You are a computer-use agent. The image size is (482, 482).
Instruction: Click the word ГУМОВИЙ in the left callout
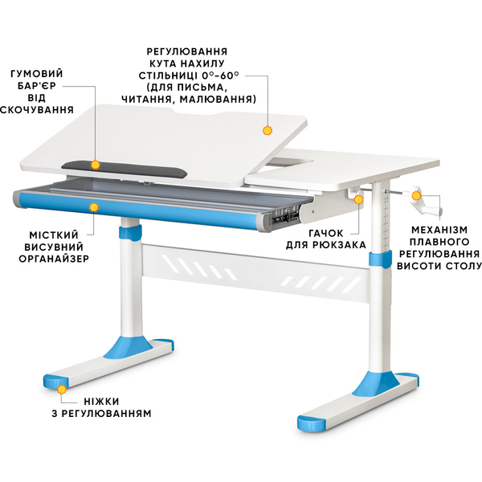pos(37,74)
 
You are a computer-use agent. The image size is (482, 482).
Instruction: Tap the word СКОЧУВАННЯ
pos(37,110)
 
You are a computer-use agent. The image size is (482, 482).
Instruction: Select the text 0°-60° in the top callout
pos(220,76)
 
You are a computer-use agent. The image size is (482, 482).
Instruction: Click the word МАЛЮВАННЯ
pos(218,100)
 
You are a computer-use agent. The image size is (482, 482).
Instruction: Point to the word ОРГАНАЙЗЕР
pos(54,259)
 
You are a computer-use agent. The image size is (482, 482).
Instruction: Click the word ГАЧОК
pos(326,233)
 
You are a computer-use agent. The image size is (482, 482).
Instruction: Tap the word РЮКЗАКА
pos(340,245)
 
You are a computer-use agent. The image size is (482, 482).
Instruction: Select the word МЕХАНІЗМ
pos(439,230)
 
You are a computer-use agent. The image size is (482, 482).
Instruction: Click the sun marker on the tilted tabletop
pos(268,131)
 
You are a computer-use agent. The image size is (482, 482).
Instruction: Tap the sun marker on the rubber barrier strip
pos(96,165)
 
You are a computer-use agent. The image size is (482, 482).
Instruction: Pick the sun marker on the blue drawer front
pos(94,207)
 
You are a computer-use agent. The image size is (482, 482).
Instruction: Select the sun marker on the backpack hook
pos(358,199)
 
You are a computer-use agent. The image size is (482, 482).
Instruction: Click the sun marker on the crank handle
pos(416,195)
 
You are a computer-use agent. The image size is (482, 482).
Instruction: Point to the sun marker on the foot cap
pos(62,390)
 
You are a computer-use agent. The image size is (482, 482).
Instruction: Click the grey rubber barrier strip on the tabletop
pos(125,169)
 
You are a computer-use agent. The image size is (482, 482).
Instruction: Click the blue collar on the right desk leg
pos(380,259)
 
